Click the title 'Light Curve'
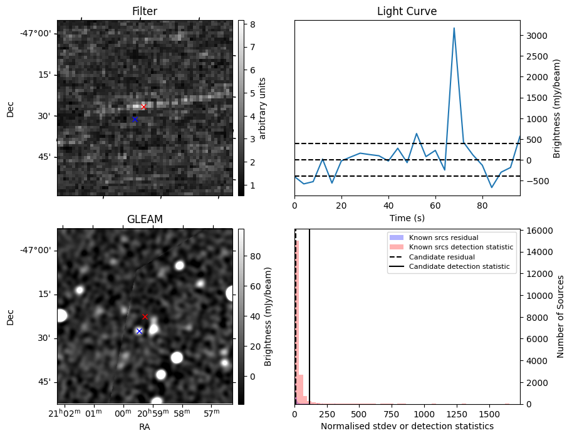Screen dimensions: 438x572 (407, 11)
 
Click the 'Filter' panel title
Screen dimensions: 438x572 (145, 11)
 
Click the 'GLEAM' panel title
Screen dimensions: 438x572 (145, 219)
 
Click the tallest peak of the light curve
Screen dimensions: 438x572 (454, 28)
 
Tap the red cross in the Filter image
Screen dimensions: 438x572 (143, 107)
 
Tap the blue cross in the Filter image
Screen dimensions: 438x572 (135, 119)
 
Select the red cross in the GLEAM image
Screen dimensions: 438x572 (145, 316)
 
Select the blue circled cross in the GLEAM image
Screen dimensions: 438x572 (139, 331)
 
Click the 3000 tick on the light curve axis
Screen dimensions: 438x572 (535, 35)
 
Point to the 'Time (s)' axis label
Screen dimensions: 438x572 (407, 218)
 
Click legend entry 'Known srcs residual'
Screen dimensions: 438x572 (443, 238)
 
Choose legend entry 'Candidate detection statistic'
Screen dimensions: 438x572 (459, 267)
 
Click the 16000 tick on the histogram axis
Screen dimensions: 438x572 (537, 231)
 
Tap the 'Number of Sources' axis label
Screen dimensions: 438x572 (561, 316)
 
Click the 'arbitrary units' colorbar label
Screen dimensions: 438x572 (263, 108)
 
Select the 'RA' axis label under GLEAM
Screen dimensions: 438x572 (145, 426)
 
